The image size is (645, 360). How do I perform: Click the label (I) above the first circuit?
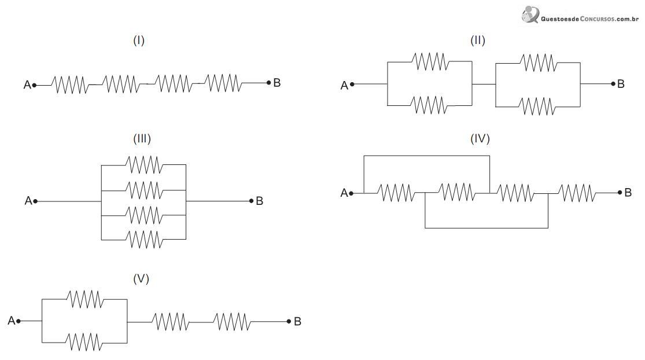(x=139, y=41)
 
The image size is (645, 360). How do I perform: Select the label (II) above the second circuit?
(x=478, y=41)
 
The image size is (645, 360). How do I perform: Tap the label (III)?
(x=142, y=139)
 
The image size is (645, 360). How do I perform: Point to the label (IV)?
(x=480, y=139)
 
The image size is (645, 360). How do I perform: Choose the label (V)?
(x=141, y=279)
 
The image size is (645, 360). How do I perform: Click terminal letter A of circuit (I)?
(x=27, y=85)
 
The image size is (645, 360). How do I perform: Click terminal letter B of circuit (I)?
(x=277, y=83)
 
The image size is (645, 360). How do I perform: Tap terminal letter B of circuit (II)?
(x=621, y=84)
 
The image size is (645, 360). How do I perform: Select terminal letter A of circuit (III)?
(x=28, y=201)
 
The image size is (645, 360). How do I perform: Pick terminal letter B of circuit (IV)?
(x=628, y=193)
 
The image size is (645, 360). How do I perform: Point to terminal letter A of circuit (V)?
(x=12, y=321)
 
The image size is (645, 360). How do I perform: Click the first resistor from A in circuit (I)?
(x=71, y=85)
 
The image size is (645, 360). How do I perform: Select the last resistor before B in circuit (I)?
(x=223, y=83)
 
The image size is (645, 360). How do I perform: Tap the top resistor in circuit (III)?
(x=144, y=164)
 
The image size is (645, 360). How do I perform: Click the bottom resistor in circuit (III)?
(x=144, y=240)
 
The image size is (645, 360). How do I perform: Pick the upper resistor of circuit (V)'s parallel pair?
(x=85, y=299)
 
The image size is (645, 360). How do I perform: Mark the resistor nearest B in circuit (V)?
(x=232, y=322)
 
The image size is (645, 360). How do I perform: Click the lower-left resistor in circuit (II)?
(x=429, y=105)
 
